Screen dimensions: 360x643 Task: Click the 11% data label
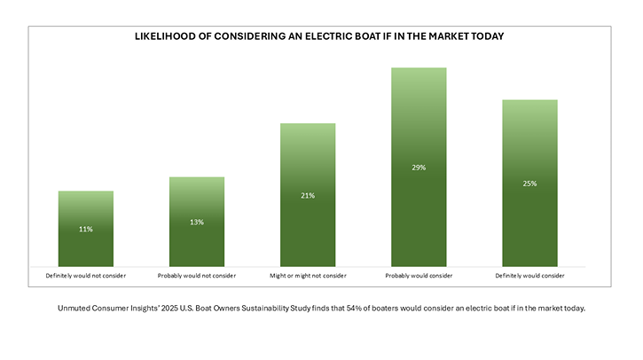coord(85,230)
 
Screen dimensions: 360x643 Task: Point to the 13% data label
coord(196,222)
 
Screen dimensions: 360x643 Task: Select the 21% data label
coord(308,195)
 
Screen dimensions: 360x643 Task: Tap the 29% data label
coord(419,167)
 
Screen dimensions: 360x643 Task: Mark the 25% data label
coord(529,184)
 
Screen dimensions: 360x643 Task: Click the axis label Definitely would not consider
coord(85,276)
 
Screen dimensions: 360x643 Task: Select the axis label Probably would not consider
coord(196,276)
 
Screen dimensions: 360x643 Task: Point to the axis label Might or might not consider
coord(308,276)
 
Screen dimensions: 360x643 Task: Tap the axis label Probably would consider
coord(419,276)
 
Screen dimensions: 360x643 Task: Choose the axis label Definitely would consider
coord(529,276)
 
